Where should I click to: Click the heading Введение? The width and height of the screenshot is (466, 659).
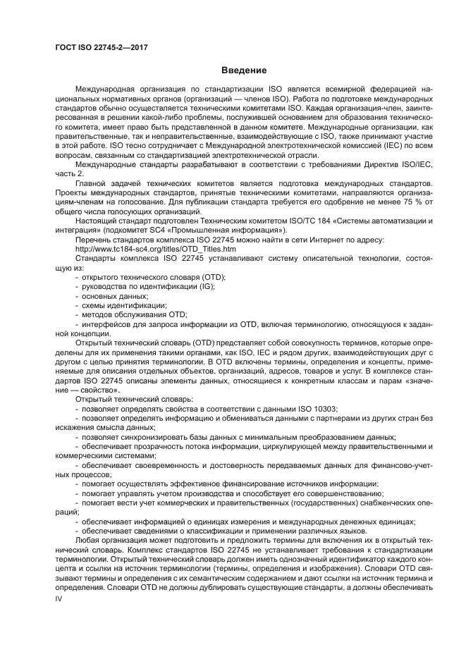pyautogui.click(x=244, y=70)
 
